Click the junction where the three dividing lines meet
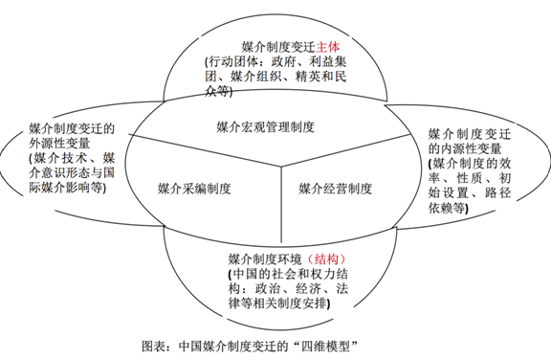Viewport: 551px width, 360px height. [279, 165]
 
